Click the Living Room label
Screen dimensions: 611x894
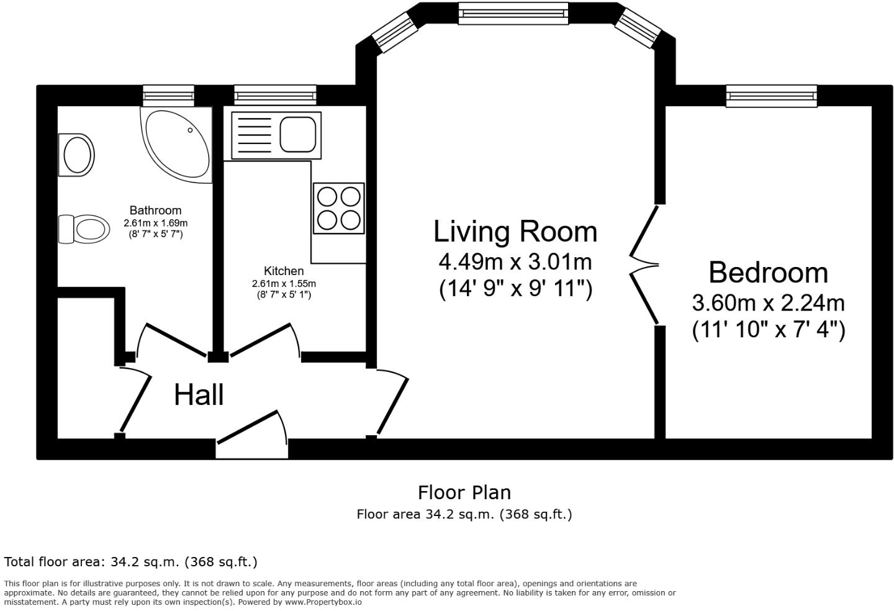515,232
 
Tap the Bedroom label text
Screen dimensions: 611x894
768,273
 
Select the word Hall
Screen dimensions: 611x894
199,395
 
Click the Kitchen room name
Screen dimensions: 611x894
284,271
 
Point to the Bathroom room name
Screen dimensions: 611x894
155,210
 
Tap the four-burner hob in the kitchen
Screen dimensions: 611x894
339,208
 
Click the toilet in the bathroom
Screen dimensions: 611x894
84,229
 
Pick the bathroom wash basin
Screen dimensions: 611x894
77,154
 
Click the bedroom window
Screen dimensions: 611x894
772,96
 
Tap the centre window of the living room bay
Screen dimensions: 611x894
513,13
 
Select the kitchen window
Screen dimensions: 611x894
275,95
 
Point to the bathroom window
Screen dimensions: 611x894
169,95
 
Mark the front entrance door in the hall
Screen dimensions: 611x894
251,435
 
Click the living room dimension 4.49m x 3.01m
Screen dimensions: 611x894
515,262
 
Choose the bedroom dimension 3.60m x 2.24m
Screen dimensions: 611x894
768,303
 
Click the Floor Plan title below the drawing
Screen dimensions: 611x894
464,492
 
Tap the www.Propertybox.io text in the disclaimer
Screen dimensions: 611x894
323,602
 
